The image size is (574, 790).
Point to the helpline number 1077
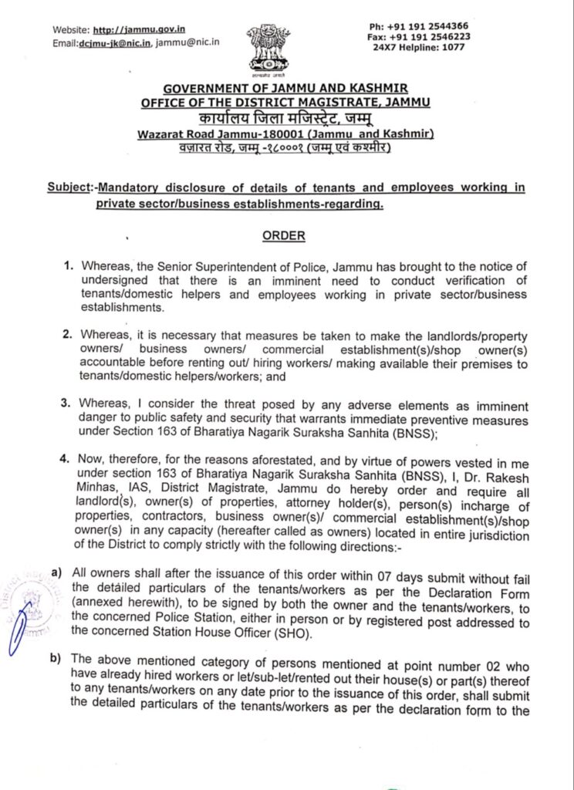pos(455,46)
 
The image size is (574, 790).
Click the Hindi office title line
pos(285,118)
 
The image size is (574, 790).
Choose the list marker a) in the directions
pos(56,573)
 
